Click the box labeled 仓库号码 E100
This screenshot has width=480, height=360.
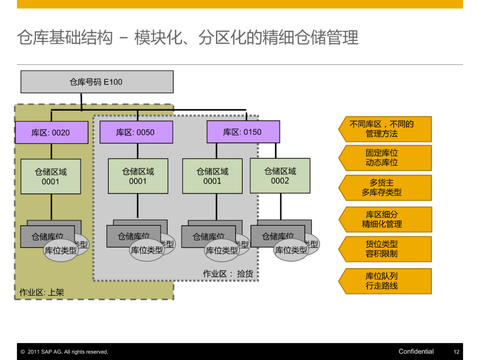pos(97,82)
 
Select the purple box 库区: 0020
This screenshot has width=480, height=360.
pos(51,132)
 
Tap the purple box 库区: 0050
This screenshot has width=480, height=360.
pos(136,132)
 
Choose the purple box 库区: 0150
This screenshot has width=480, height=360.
pos(243,132)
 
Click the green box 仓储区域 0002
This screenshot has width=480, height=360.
pos(280,176)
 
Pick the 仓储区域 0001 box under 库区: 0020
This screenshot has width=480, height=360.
pos(51,176)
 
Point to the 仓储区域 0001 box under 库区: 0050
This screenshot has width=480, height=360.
pos(138,176)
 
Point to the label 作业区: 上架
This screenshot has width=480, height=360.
pos(42,292)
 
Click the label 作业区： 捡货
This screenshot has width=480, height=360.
pos(228,274)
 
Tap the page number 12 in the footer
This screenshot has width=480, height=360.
pos(456,352)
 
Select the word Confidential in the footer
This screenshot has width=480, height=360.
pos(416,352)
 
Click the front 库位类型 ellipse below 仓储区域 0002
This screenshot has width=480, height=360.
pos(291,251)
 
